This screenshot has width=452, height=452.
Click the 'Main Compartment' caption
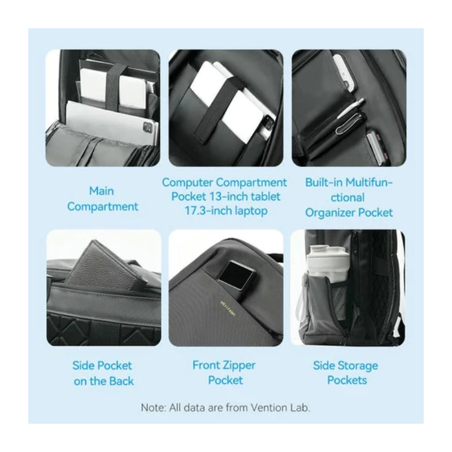click(x=103, y=199)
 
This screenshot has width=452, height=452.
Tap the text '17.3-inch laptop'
click(x=225, y=211)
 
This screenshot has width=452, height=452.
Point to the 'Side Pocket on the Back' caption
click(x=103, y=373)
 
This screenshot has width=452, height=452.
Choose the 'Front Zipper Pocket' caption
click(x=224, y=373)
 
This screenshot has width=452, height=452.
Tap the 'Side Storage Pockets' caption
click(x=346, y=373)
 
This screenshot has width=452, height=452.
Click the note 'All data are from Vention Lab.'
click(x=240, y=407)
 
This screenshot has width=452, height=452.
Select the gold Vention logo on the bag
click(x=228, y=308)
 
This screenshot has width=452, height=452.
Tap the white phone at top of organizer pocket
click(x=344, y=72)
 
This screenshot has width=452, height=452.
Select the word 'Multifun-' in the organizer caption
click(x=369, y=182)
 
